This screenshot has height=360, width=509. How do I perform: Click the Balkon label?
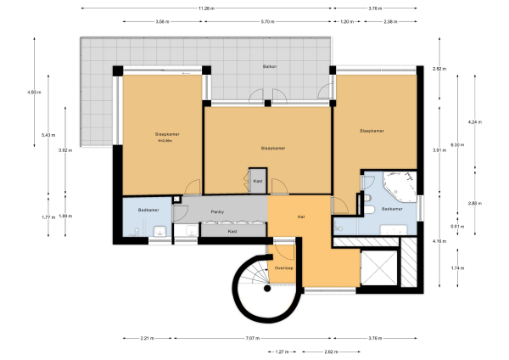coord(270,65)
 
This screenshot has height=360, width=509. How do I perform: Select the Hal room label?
coord(301,217)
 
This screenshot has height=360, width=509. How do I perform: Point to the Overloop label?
coord(284,268)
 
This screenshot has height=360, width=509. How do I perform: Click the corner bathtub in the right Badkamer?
coord(395,184)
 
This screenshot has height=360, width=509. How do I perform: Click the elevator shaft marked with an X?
coord(375,271)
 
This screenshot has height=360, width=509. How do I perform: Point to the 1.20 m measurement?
coord(345,21)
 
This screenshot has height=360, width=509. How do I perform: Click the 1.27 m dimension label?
coord(282,351)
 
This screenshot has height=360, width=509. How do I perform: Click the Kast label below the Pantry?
coord(232,231)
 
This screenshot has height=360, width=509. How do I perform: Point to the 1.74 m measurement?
coord(458,268)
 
